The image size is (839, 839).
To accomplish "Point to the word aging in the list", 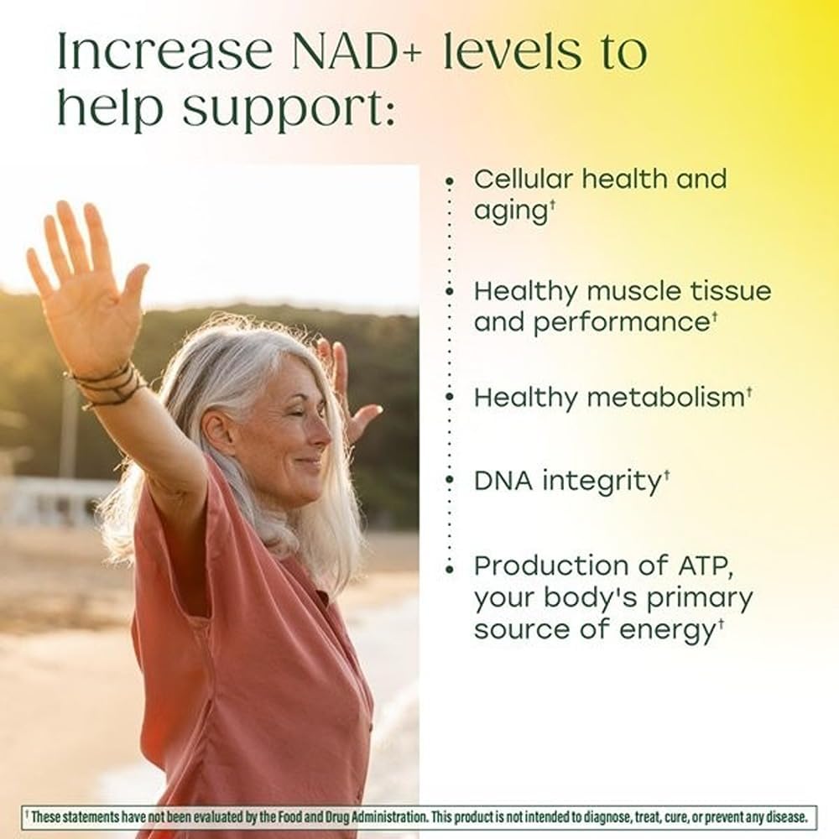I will (510, 211).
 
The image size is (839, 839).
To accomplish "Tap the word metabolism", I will (662, 397).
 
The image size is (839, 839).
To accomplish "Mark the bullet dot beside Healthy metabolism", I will (451, 397).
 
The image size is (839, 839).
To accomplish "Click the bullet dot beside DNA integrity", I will (451, 481).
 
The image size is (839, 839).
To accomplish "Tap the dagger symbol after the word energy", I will (720, 623).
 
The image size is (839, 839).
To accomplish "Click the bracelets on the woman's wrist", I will (109, 384).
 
